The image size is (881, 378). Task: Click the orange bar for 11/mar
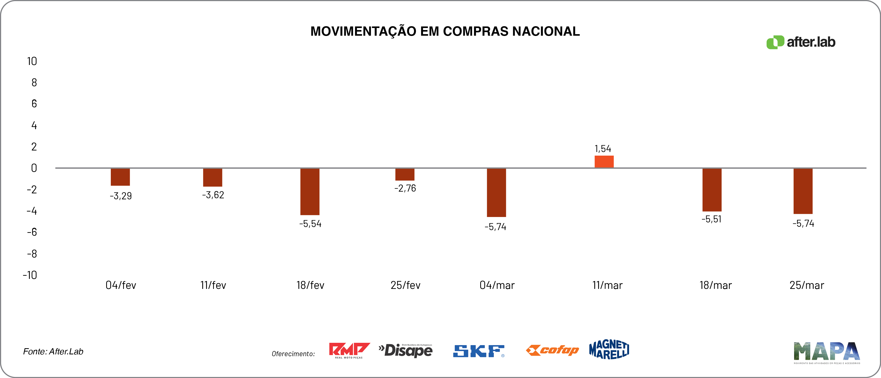pos(604,162)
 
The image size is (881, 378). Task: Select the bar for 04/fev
pos(120,177)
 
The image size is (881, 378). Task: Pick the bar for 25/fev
pos(405,174)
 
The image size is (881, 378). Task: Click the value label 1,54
pos(603,149)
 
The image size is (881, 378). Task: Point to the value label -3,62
pos(213,195)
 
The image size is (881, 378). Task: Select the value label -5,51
pos(711,219)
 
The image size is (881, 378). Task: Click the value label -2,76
pos(405,188)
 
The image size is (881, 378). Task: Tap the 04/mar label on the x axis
pos(497,285)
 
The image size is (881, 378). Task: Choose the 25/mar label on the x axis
pos(806,285)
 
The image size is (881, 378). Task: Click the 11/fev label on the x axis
pos(213,285)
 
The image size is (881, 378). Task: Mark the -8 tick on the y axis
pos(32,254)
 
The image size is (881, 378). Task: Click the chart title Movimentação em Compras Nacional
pos(445,31)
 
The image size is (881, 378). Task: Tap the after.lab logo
pos(801,42)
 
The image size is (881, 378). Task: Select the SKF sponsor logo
pos(478,351)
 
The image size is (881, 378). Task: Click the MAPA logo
pos(826,352)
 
